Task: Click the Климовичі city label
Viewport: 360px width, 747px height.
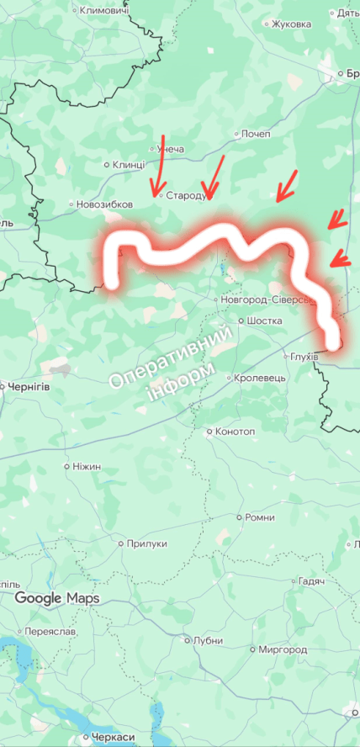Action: coord(103,11)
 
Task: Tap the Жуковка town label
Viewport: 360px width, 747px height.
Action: coord(293,24)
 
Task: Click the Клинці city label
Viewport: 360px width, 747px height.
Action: coord(128,165)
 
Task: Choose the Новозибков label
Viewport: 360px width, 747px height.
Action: coord(104,204)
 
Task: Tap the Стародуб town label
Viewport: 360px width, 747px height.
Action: coord(186,195)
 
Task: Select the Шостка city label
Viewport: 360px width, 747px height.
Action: coord(264,321)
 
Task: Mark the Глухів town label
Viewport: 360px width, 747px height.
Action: coord(304,357)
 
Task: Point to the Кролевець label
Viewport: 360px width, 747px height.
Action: coord(261,378)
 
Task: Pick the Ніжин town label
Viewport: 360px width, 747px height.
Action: coord(87,466)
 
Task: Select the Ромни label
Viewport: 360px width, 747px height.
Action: coord(259,517)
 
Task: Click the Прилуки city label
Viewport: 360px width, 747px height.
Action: coord(147,544)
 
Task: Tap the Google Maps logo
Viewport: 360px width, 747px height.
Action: coord(56,598)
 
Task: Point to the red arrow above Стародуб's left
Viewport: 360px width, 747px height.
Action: coord(158,164)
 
